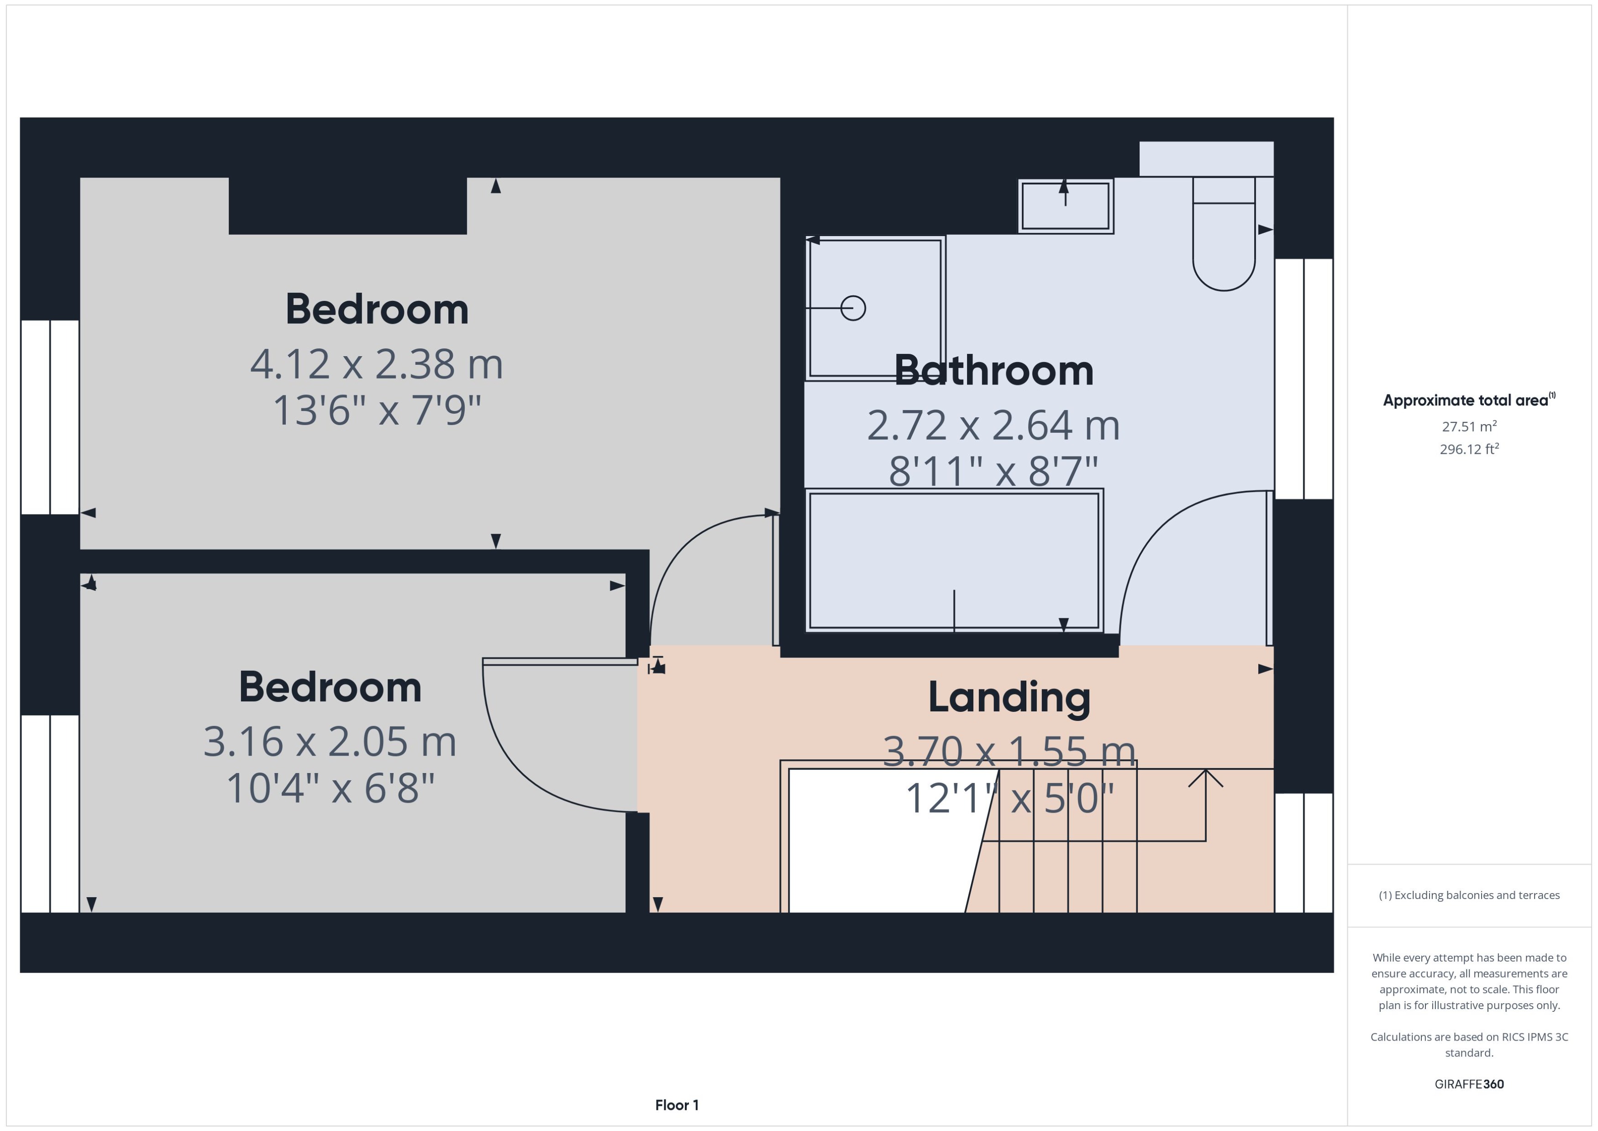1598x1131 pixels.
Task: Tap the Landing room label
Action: pyautogui.click(x=1009, y=697)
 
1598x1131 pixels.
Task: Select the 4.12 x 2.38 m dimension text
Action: pyautogui.click(x=376, y=364)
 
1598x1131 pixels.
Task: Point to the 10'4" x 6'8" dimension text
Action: pyautogui.click(x=330, y=789)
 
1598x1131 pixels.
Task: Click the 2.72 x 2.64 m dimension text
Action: pyautogui.click(x=993, y=426)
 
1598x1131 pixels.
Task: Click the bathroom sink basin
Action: pyautogui.click(x=1065, y=206)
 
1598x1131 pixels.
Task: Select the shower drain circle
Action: pyautogui.click(x=853, y=308)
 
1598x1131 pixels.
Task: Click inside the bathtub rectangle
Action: pyautogui.click(x=954, y=561)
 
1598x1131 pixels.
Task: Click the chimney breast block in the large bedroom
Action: pyautogui.click(x=347, y=205)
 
